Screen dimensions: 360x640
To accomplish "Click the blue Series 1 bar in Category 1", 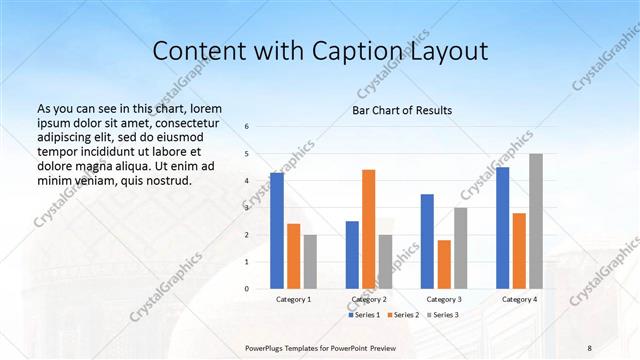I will (x=277, y=231).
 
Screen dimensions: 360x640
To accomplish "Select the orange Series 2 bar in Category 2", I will (x=368, y=229).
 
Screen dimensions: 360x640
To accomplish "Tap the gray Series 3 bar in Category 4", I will (x=536, y=221).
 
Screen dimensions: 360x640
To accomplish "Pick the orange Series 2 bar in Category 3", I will (x=444, y=264).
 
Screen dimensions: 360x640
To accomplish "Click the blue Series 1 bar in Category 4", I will (x=502, y=228).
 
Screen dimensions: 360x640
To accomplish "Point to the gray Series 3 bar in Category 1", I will (x=310, y=262).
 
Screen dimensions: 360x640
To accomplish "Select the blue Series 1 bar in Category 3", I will (x=427, y=241).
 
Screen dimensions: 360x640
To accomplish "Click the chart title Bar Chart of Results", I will (x=402, y=110).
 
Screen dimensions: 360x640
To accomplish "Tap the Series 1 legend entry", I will (x=363, y=315).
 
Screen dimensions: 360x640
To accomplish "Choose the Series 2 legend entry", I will (x=403, y=315).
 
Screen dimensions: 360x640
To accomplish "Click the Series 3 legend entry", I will (x=442, y=315).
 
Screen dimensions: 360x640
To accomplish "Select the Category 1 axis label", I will (x=293, y=299).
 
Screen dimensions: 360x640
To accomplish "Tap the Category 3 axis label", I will (x=443, y=299).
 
